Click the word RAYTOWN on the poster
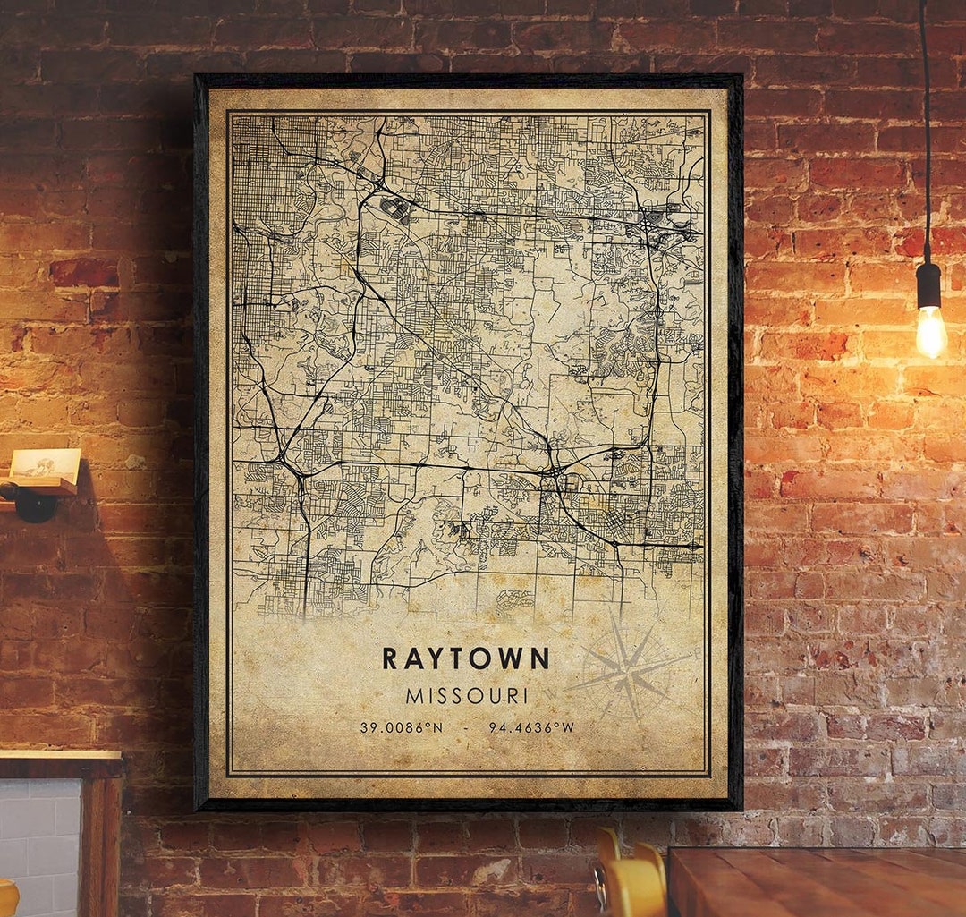coord(465,658)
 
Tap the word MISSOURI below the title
coord(467,695)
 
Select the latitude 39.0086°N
coord(401,727)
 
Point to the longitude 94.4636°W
coord(531,727)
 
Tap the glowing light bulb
coord(930,330)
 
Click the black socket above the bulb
coord(928,284)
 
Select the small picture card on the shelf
coord(45,463)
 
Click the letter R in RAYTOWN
coord(389,658)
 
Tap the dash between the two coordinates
coord(465,727)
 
